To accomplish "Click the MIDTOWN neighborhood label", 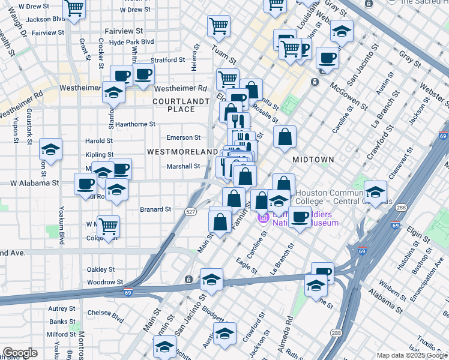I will click(x=313, y=160).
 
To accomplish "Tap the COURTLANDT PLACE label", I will click(x=181, y=105).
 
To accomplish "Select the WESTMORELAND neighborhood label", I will click(x=182, y=152).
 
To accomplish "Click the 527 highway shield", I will click(x=190, y=212).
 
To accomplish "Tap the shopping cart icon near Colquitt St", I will click(x=108, y=226).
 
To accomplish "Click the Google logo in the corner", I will click(x=20, y=353).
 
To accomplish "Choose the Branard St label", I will click(x=156, y=209).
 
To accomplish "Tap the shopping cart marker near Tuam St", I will click(x=218, y=25).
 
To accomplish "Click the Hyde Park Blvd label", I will click(x=131, y=43).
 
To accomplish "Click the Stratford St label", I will click(x=167, y=60).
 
